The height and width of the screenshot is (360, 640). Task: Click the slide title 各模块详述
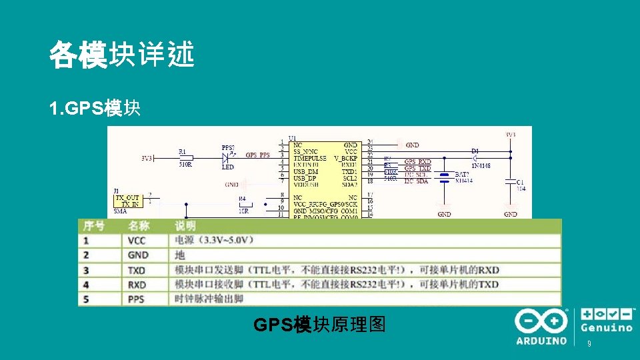[x=121, y=55]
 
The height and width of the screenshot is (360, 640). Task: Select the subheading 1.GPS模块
[x=95, y=108]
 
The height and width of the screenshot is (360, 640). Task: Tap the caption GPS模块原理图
[x=320, y=325]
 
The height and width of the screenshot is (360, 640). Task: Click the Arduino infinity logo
[x=540, y=321]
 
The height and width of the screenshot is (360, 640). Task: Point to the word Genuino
[x=607, y=328]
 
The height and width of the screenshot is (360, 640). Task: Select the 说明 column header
[x=185, y=226]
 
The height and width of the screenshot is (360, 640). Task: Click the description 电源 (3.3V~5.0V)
[x=213, y=240]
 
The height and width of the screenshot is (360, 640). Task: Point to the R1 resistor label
[x=183, y=151]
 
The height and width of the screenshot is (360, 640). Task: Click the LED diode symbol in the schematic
[x=227, y=158]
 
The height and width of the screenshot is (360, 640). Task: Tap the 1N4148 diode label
[x=481, y=165]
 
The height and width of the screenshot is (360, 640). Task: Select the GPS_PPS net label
[x=258, y=155]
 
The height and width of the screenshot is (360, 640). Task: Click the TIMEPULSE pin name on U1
[x=310, y=158]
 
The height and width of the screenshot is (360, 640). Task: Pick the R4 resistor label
[x=242, y=199]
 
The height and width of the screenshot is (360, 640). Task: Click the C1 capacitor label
[x=519, y=182]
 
